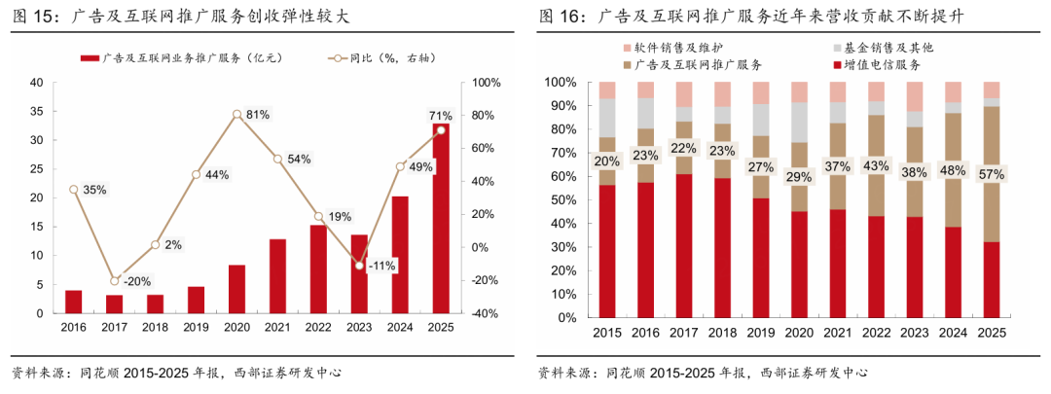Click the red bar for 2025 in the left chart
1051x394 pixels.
[x=441, y=224]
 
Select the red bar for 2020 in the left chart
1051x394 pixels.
[x=236, y=289]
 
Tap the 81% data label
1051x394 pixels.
[x=258, y=115]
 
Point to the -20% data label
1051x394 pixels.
[x=136, y=281]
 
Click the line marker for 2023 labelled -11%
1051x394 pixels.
[x=359, y=265]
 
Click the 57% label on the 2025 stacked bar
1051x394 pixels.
[x=991, y=173]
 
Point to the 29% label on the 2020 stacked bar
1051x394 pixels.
[x=798, y=177]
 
